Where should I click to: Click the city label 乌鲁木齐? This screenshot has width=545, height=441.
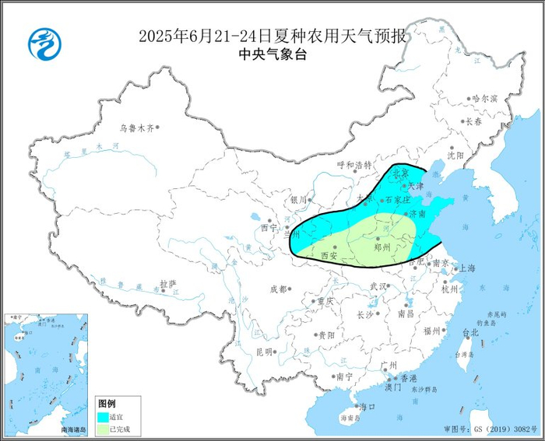click(x=138, y=128)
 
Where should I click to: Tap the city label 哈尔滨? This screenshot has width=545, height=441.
click(x=483, y=99)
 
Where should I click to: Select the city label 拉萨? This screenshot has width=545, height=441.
click(x=167, y=284)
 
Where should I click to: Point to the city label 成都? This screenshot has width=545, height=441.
click(x=277, y=289)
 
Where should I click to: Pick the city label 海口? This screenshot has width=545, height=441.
click(x=366, y=407)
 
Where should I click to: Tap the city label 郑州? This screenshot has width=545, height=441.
click(x=382, y=247)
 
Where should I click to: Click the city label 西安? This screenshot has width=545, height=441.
click(x=329, y=255)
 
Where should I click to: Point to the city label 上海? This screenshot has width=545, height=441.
click(x=467, y=268)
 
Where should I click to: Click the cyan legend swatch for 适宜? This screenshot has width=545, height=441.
click(x=102, y=416)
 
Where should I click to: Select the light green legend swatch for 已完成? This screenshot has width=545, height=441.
click(x=102, y=429)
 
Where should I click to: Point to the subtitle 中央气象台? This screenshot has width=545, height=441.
click(x=272, y=54)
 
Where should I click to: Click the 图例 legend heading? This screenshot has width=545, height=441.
click(x=107, y=404)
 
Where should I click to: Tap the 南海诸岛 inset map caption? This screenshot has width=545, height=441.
click(x=75, y=429)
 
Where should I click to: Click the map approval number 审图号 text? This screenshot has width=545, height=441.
click(x=490, y=429)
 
